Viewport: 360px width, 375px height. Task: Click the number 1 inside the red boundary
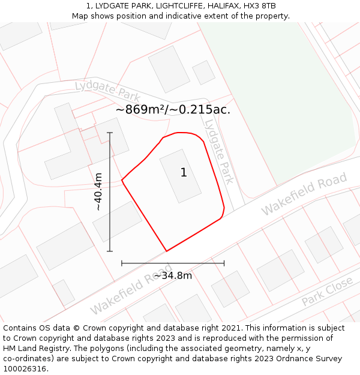(x=184, y=173)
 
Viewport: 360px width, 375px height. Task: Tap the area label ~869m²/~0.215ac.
(x=173, y=110)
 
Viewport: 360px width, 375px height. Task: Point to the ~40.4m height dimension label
(x=98, y=191)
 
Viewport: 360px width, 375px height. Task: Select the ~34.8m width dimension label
(x=173, y=275)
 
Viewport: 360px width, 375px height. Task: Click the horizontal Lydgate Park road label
(x=107, y=91)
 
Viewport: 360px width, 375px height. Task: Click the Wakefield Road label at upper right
(x=304, y=193)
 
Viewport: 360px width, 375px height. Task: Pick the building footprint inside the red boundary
(x=180, y=176)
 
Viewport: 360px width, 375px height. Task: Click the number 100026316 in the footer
(x=24, y=368)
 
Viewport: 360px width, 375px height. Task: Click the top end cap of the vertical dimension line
(x=110, y=133)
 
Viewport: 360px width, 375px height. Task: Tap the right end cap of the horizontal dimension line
(x=224, y=263)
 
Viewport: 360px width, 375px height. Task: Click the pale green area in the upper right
(x=282, y=90)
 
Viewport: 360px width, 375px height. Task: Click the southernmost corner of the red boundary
(x=166, y=251)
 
